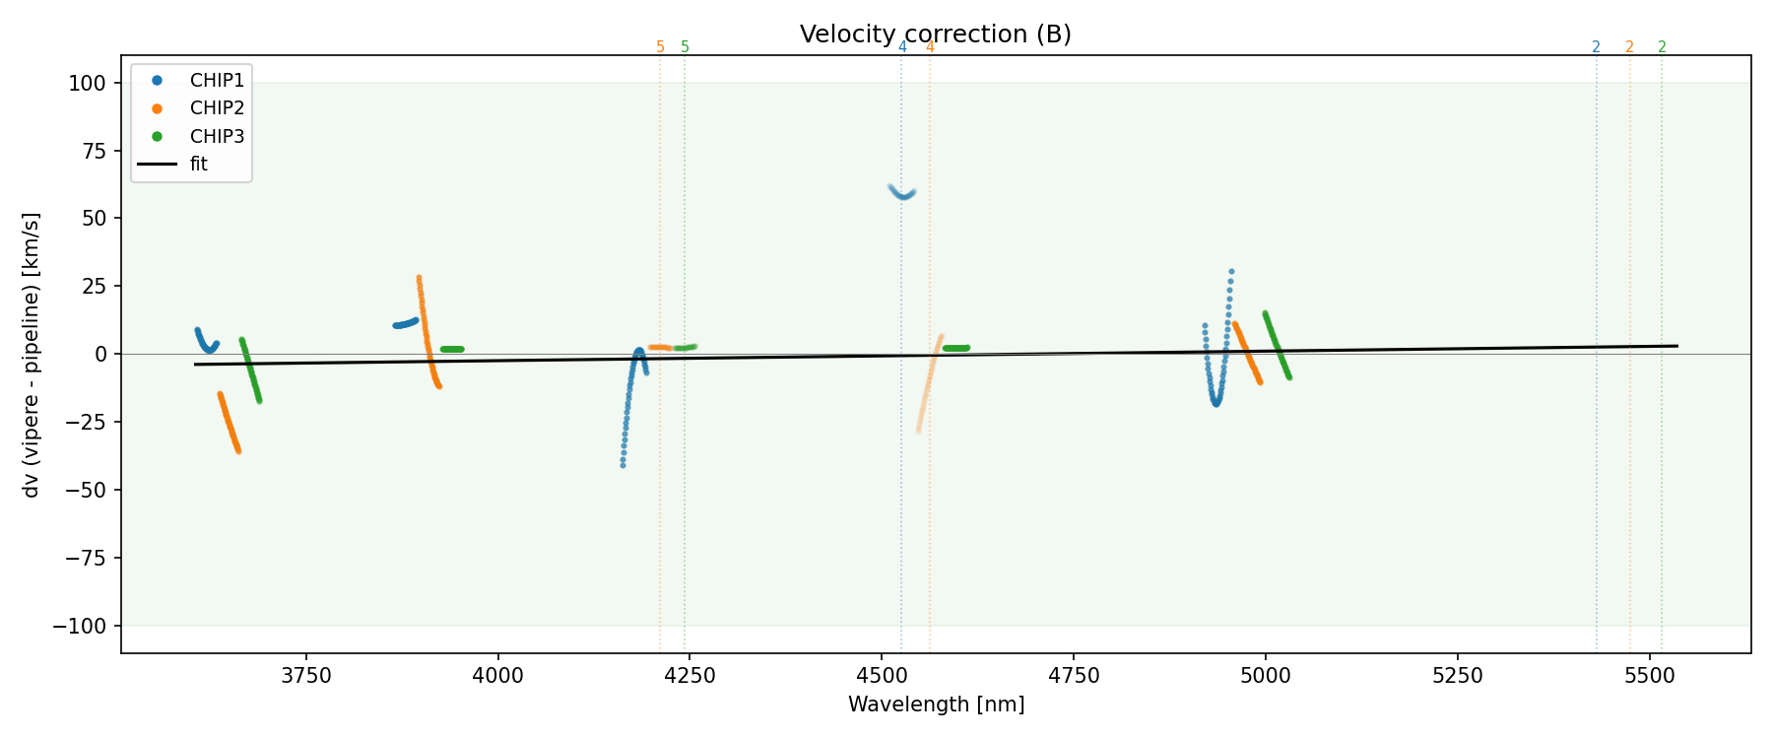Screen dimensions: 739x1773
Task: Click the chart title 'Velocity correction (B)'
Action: click(x=935, y=34)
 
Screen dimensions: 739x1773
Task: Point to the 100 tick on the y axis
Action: click(x=88, y=83)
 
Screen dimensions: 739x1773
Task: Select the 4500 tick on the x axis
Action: click(x=882, y=675)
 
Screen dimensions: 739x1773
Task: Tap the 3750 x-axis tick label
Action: click(x=306, y=675)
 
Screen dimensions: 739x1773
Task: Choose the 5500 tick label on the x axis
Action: click(x=1649, y=675)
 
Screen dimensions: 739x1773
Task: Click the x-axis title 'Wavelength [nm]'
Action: click(x=936, y=705)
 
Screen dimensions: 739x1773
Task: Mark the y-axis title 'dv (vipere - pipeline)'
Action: click(x=32, y=355)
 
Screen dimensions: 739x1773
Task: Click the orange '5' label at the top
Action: click(x=660, y=47)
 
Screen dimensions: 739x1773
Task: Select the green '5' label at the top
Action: click(x=686, y=47)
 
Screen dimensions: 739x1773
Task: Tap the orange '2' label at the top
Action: click(x=1629, y=47)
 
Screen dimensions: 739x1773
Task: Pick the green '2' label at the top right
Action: click(x=1662, y=47)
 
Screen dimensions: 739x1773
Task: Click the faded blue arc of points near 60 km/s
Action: click(x=902, y=195)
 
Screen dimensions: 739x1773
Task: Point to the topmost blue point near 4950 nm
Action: click(x=1231, y=272)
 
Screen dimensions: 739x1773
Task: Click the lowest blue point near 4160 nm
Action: click(x=623, y=464)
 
